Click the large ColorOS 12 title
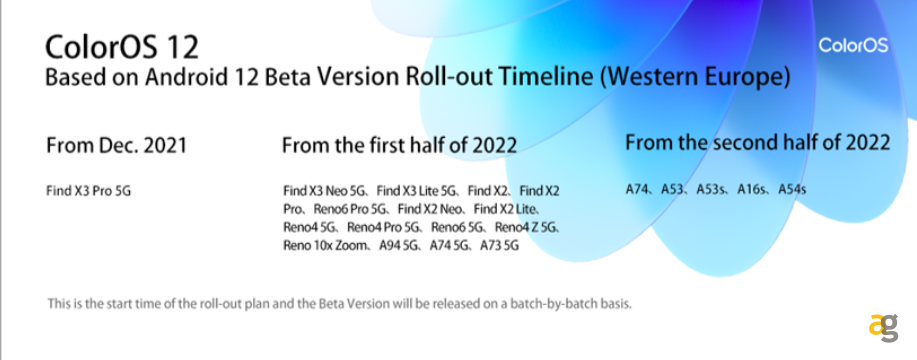122,47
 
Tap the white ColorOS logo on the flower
853,45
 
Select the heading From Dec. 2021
116,145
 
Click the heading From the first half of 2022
399,145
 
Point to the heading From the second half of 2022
758,142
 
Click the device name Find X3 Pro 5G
88,191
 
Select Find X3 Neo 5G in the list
325,191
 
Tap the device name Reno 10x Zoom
325,245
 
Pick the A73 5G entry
499,245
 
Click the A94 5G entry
399,245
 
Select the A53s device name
711,189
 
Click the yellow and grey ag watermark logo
883,328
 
